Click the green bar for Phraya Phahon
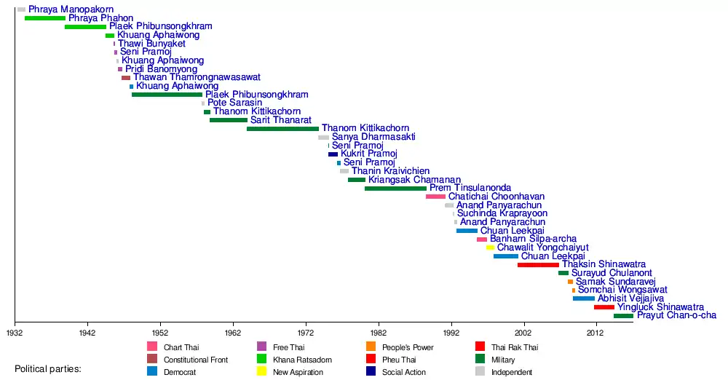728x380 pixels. tap(45, 17)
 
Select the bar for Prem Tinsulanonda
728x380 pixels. tap(395, 188)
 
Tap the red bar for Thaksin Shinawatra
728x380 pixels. tap(538, 265)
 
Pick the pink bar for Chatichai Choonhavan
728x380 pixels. tap(435, 197)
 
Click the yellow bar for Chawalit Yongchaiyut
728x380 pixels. tap(490, 248)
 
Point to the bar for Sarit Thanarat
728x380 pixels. tap(228, 120)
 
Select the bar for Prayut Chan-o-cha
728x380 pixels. tap(623, 316)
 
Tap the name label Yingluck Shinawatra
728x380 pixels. tap(660, 307)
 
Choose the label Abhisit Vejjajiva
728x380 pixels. tap(630, 298)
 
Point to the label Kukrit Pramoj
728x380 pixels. tap(368, 154)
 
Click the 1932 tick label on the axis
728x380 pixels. tap(14, 332)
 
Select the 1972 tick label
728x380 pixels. tap(306, 332)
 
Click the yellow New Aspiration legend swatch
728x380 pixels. tap(262, 372)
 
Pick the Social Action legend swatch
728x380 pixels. tap(371, 372)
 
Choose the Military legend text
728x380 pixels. tap(503, 360)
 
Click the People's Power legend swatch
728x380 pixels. tap(371, 347)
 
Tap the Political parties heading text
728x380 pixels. tap(48, 369)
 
